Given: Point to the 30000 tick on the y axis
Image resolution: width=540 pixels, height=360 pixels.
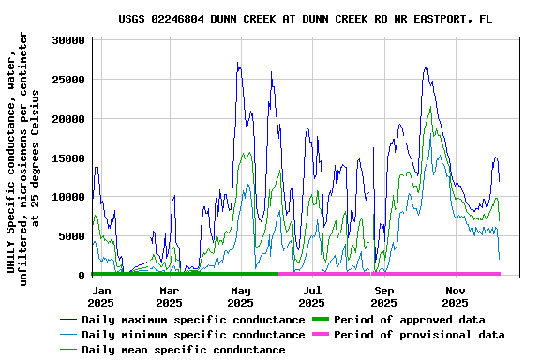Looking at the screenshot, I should pos(69,40).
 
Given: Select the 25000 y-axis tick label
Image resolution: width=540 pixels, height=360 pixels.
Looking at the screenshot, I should pos(69,80).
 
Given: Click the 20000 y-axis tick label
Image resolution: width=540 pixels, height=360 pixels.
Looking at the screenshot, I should pos(69,119).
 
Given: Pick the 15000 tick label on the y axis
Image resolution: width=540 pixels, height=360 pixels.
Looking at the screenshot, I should pos(69,158).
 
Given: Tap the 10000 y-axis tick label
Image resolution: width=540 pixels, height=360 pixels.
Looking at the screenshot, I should pos(69,198).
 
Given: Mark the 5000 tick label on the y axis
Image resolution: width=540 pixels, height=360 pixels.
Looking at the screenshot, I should pos(73,236).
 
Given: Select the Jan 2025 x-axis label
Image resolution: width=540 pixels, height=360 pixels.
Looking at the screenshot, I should pos(100,296).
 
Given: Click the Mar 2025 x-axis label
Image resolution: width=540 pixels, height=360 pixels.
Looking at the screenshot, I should pos(169,296).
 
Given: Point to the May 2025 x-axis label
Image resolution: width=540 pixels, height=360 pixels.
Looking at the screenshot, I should pos(241,296).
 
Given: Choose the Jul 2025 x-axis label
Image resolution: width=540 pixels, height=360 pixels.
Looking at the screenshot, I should pos(312,296).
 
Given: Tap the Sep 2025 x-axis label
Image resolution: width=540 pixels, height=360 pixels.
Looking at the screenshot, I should pos(383,296).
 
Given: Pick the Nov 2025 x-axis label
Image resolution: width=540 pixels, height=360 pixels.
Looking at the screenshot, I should pos(455,296).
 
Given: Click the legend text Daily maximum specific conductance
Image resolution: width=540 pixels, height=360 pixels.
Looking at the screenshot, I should pos(193,320).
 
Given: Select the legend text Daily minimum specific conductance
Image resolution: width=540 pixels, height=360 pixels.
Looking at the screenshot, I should pos(193,335).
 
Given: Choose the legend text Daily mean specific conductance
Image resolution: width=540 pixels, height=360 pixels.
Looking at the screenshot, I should pos(184,350).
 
